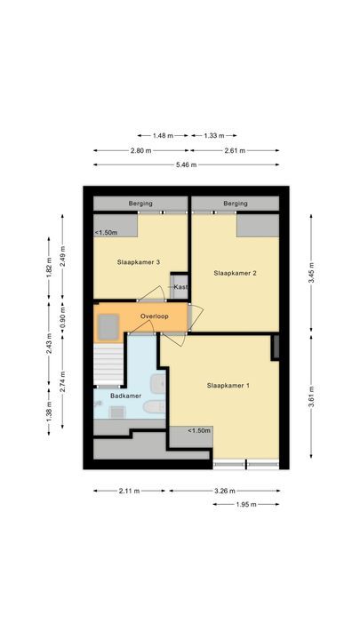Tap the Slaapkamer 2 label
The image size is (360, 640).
point(235,273)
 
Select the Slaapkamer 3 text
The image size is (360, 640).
point(138,262)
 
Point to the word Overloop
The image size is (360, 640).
point(155,316)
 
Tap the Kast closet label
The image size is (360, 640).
point(180,286)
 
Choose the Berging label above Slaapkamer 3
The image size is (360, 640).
point(140,204)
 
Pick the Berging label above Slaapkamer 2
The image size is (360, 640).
point(236,204)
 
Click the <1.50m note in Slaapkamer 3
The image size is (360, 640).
point(106,233)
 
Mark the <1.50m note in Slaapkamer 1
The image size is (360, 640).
point(199,430)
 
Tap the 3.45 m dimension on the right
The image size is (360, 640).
point(311,276)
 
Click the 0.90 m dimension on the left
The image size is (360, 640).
point(62,317)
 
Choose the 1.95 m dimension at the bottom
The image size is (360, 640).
point(247,504)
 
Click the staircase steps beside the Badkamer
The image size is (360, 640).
point(108,364)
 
